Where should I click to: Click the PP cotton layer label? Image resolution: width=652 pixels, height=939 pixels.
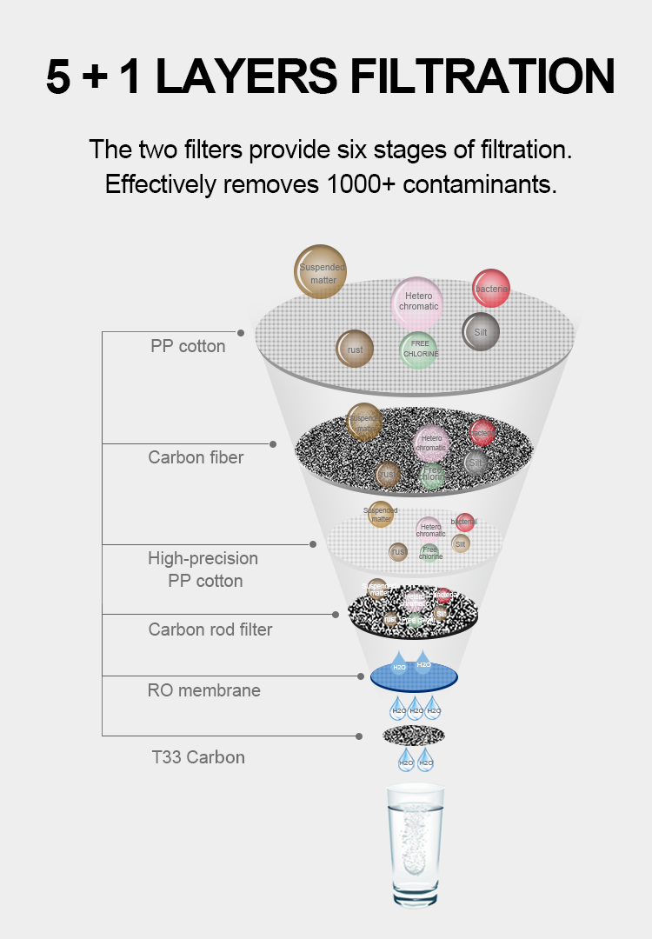point(188,346)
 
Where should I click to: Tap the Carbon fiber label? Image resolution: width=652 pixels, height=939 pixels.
point(196,457)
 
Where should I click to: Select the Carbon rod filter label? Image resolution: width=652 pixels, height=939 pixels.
point(210,629)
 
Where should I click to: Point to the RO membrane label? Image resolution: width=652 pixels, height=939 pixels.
point(203,690)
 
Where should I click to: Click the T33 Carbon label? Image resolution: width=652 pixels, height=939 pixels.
point(198,757)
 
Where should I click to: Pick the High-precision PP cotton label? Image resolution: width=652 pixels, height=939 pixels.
point(203,569)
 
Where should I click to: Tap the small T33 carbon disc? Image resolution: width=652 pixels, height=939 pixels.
point(415,736)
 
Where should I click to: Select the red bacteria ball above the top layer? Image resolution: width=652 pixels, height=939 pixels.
point(491,289)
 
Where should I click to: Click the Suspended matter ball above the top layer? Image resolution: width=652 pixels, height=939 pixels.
point(321,272)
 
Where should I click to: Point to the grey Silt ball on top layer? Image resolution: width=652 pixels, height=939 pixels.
point(480,332)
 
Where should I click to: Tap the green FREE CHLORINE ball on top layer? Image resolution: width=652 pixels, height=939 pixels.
point(419,350)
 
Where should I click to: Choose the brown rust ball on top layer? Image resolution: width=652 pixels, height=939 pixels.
point(355,350)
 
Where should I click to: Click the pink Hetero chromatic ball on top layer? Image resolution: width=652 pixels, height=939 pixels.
point(418,301)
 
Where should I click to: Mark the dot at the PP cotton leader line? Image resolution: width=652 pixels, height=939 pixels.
point(241,332)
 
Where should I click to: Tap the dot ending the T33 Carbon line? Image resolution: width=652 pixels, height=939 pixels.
point(358,736)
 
